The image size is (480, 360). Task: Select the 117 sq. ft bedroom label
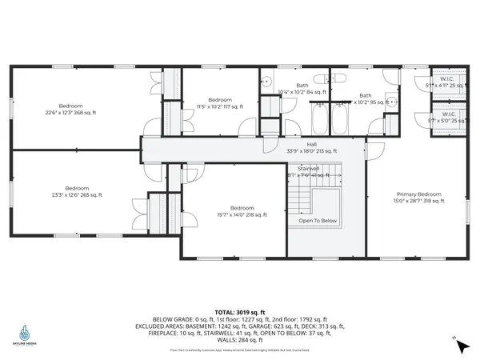click(214, 102)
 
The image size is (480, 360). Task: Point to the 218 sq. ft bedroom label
click(232, 209)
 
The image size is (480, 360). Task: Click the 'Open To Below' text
click(317, 221)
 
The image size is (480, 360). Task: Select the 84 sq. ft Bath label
click(302, 89)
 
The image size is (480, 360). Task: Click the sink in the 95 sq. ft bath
click(391, 102)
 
